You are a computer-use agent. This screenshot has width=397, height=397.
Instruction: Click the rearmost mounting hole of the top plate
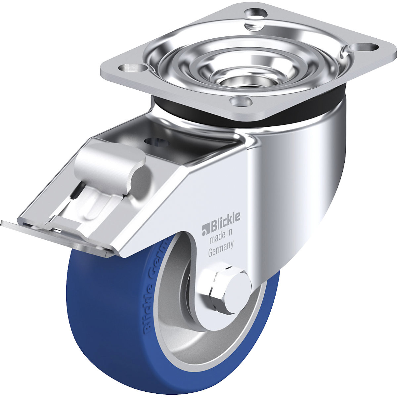[256, 14]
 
